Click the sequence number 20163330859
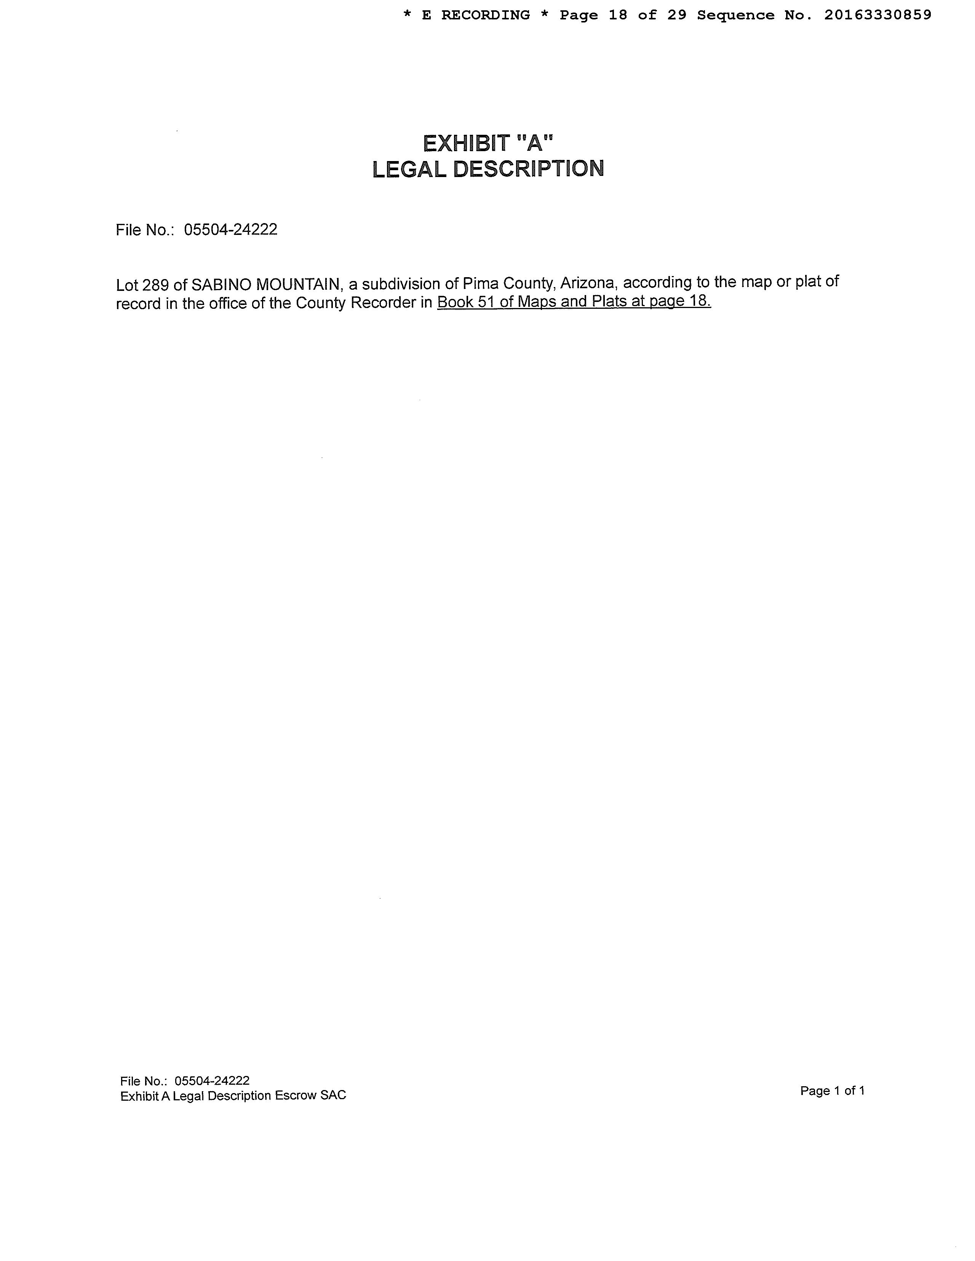[877, 16]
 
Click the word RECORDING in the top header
[485, 16]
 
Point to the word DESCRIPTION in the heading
[529, 169]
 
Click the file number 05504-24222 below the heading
[230, 230]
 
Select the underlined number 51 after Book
[486, 302]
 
